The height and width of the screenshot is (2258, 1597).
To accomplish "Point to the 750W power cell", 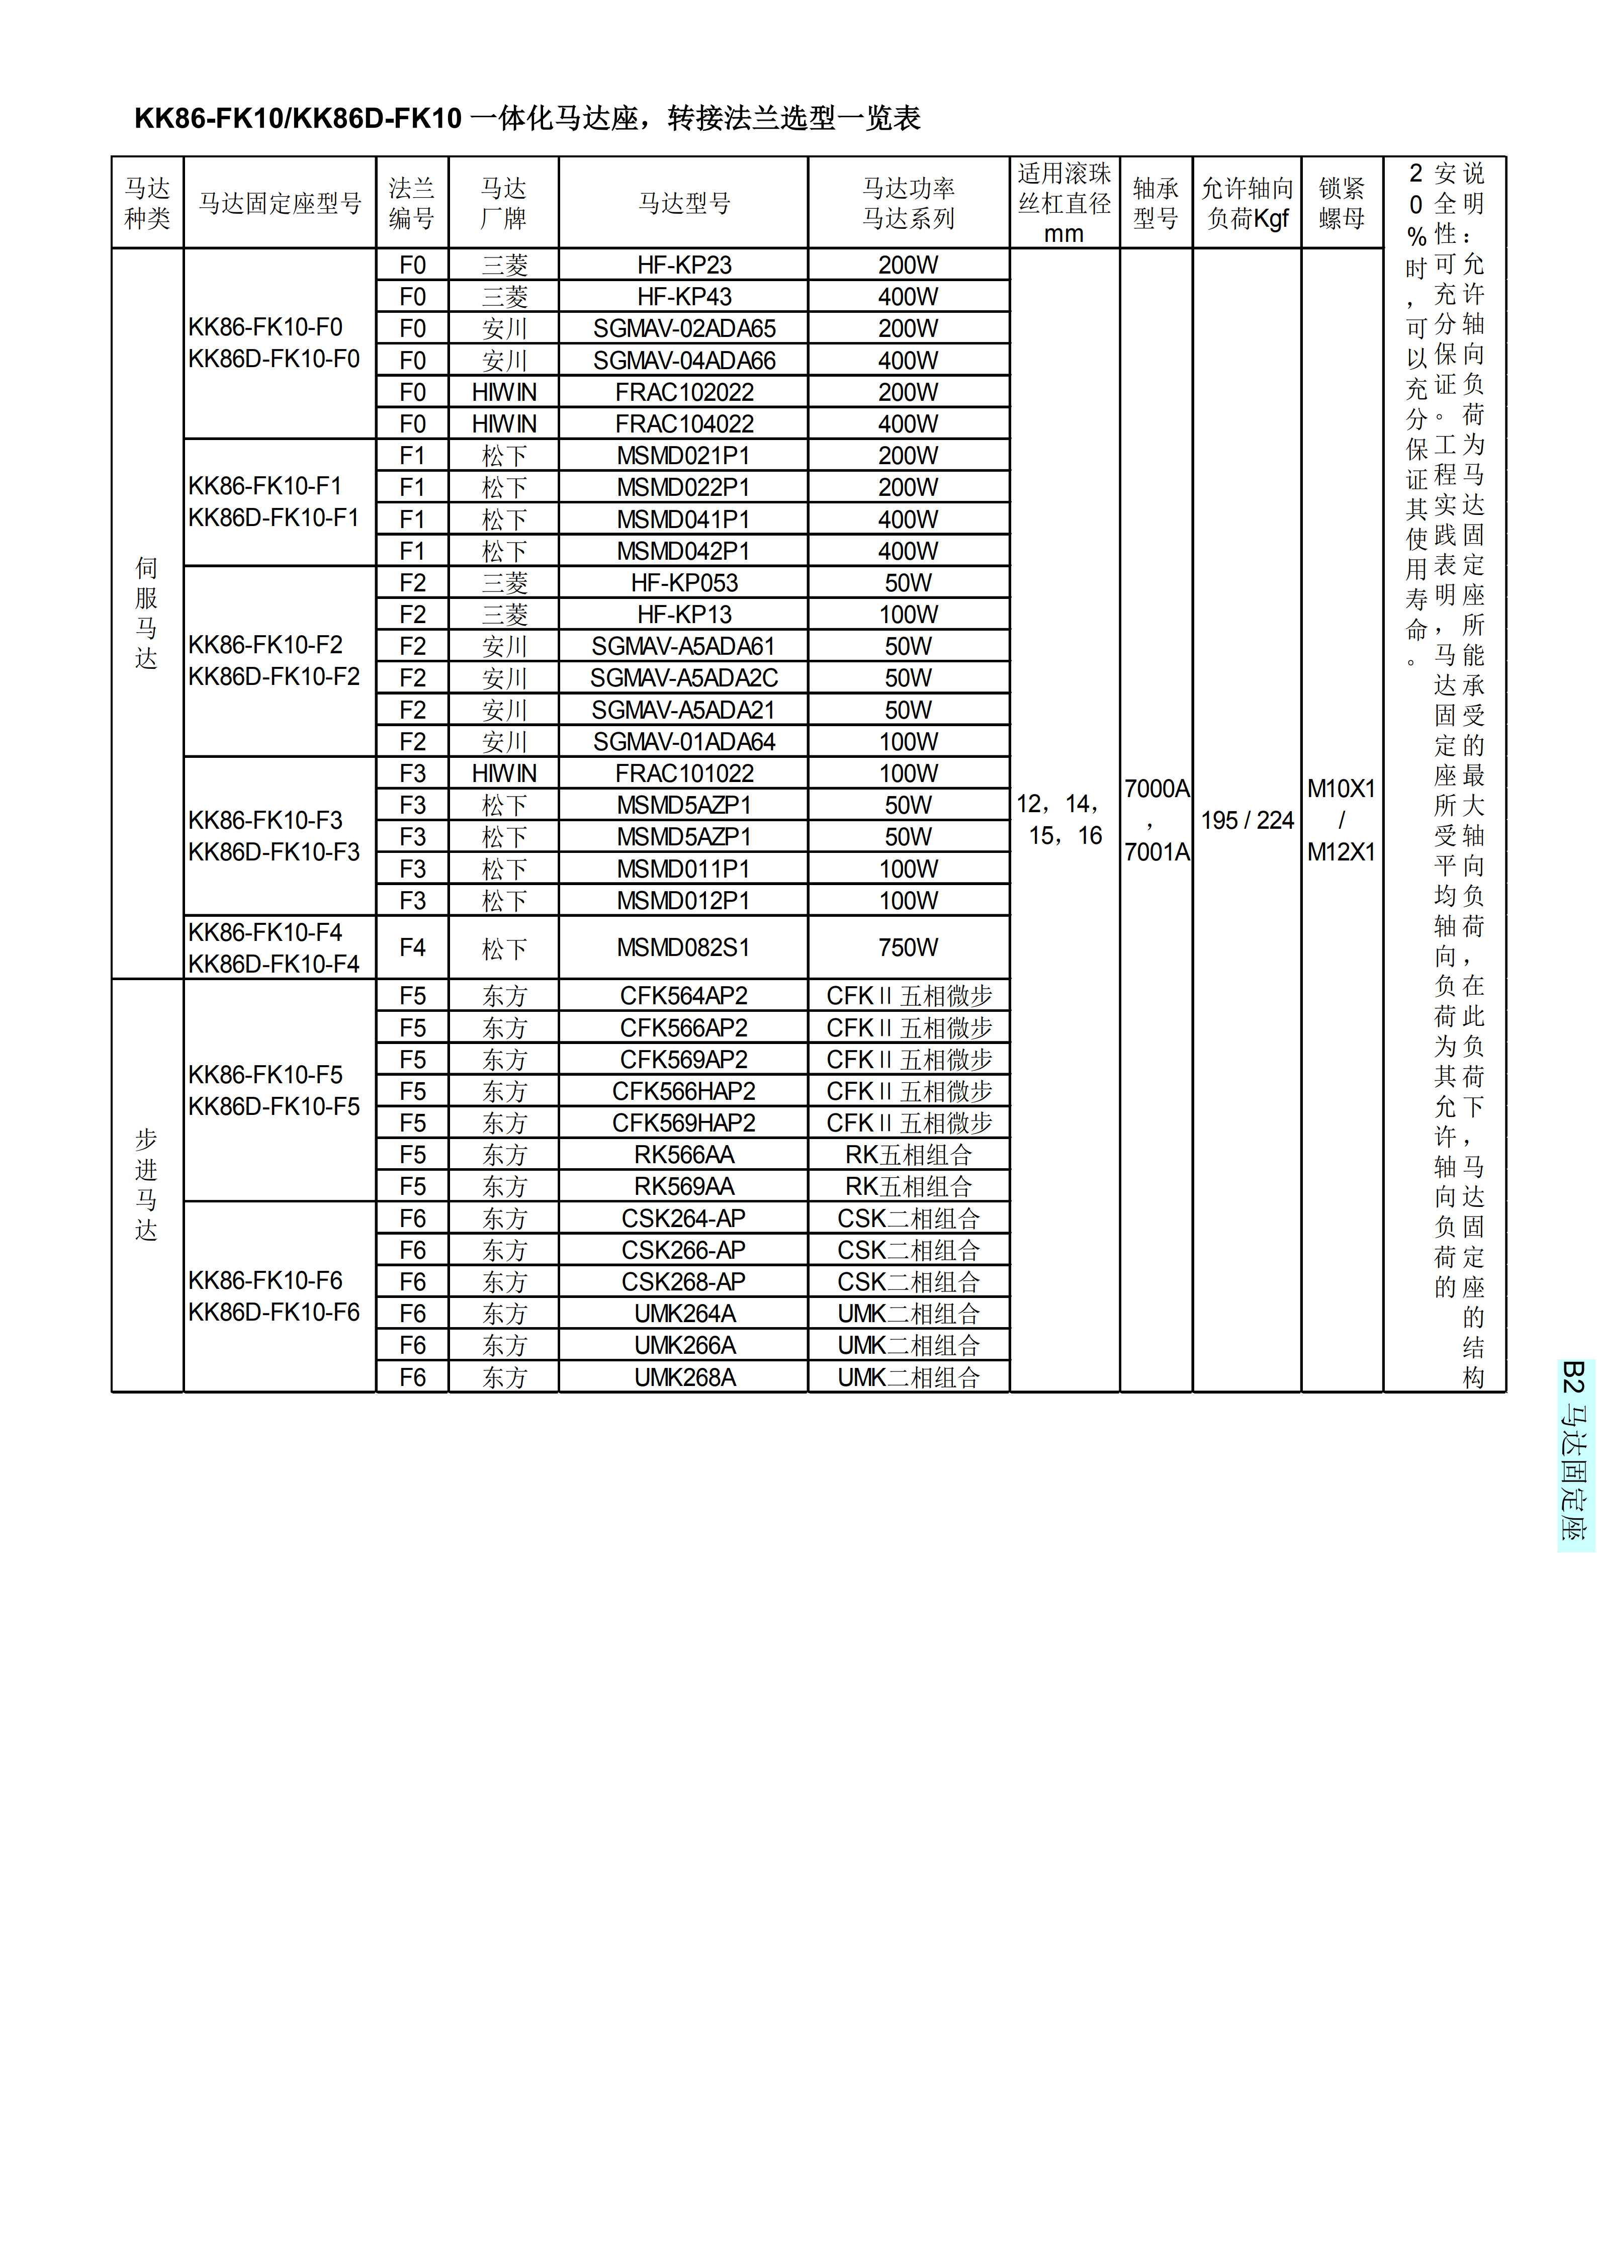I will click(x=908, y=948).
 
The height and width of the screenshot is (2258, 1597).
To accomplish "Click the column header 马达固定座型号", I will click(x=280, y=204).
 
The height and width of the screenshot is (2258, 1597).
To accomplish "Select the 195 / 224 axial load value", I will click(x=1247, y=820).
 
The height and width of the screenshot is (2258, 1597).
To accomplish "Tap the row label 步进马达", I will click(x=146, y=1185).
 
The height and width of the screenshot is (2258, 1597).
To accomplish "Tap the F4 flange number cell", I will click(x=412, y=948).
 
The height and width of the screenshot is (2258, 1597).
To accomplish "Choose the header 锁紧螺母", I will click(x=1342, y=204).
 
